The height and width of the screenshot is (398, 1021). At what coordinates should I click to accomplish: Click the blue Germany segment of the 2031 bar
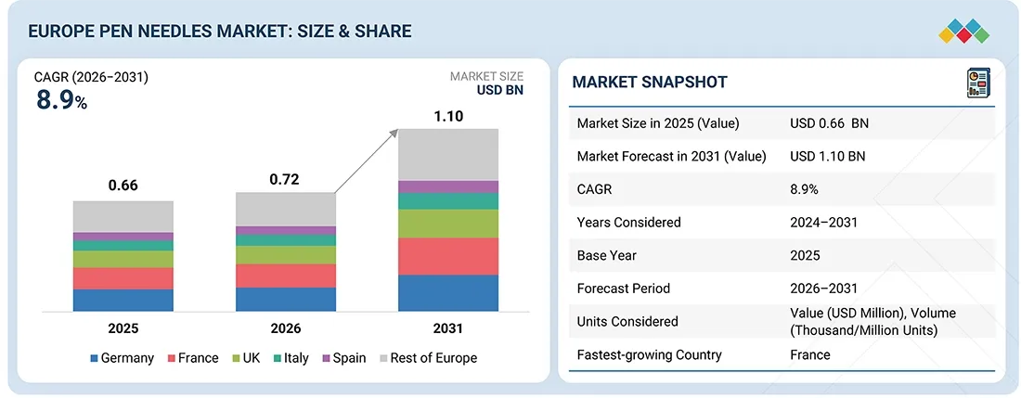click(448, 292)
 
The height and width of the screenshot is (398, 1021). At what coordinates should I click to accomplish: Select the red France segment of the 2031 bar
click(448, 256)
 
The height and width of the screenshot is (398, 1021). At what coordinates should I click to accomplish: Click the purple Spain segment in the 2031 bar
click(448, 186)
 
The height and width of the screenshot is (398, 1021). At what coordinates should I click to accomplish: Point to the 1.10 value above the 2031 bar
click(448, 117)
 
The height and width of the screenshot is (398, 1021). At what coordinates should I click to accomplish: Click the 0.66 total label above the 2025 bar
click(123, 186)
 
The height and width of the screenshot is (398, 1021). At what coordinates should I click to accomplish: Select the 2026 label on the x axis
click(285, 328)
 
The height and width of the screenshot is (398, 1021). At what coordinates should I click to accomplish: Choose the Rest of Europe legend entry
click(426, 358)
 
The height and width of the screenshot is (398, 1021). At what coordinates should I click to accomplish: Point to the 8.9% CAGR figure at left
click(61, 101)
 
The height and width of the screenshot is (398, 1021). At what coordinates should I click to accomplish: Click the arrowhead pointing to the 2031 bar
click(394, 135)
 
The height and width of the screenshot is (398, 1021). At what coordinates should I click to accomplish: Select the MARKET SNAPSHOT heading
click(650, 82)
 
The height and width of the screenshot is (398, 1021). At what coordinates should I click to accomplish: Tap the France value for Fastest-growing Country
click(810, 354)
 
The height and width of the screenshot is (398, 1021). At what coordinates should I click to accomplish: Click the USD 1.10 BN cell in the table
click(827, 157)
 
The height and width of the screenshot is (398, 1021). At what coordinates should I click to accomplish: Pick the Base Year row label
click(605, 255)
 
